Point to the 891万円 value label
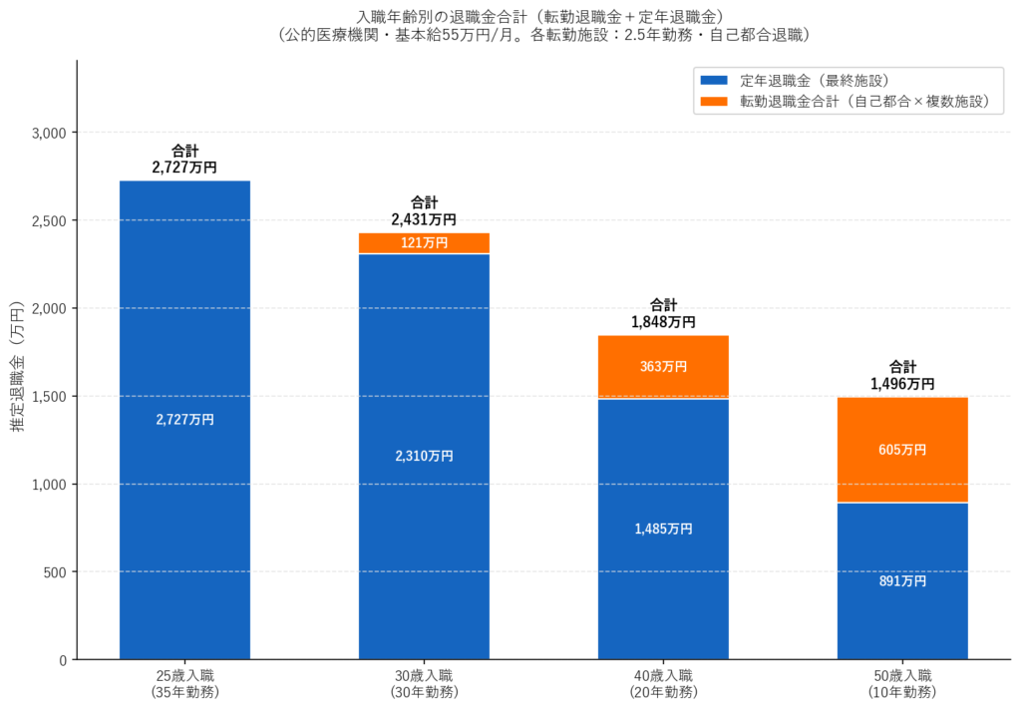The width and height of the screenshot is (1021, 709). (x=902, y=581)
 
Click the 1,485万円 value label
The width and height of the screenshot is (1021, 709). (x=663, y=529)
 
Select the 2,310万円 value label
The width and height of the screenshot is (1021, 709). (x=424, y=456)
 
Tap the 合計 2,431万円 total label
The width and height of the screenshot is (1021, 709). (x=424, y=211)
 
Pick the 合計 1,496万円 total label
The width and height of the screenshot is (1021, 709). (x=902, y=375)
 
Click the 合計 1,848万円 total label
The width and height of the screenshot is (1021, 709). (x=663, y=314)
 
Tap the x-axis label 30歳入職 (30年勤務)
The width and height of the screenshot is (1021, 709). (x=424, y=683)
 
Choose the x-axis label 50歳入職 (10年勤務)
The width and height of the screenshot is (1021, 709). (x=902, y=683)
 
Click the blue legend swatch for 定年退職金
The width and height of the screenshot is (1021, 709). (x=714, y=80)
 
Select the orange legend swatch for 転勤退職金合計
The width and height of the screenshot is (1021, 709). (x=714, y=101)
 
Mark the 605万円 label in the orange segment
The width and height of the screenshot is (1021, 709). (x=902, y=450)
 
